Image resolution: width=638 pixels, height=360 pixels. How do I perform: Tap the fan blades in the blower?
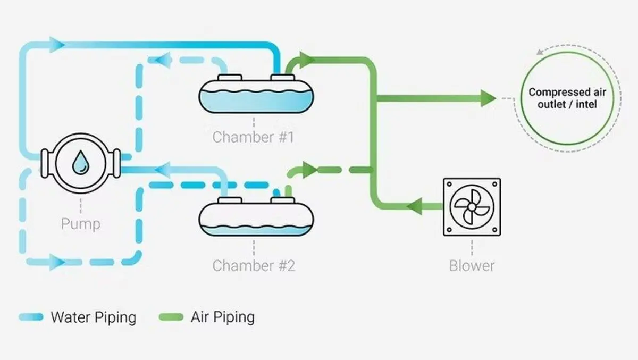point(472,207)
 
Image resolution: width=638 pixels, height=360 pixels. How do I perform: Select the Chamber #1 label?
point(253,137)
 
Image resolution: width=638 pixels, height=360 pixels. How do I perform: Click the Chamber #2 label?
point(254,266)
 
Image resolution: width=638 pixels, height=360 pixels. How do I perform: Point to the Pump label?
point(81,224)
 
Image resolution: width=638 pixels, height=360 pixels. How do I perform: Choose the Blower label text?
point(472,266)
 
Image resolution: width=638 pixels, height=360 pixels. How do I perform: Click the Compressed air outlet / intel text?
point(567,98)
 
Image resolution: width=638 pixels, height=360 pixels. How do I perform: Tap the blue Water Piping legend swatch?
point(31,317)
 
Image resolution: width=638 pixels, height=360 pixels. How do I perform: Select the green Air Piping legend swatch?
point(171,317)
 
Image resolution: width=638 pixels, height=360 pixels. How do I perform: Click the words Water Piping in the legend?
point(94,317)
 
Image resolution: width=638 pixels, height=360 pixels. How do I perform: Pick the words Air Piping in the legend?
point(223,317)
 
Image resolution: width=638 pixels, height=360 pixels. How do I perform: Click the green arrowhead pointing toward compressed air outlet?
point(488,98)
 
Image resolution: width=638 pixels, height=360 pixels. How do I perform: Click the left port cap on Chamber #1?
point(230,78)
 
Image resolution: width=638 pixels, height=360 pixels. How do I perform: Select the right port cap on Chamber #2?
point(282,200)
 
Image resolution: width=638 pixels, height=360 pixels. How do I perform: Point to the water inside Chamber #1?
point(256,101)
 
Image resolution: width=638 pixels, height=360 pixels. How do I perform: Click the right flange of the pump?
point(116,163)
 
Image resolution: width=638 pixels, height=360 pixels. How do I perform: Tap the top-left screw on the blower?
point(449,184)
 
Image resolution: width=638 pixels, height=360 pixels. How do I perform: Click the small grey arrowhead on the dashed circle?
point(540,52)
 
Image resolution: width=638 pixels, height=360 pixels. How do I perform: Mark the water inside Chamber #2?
point(256,230)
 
